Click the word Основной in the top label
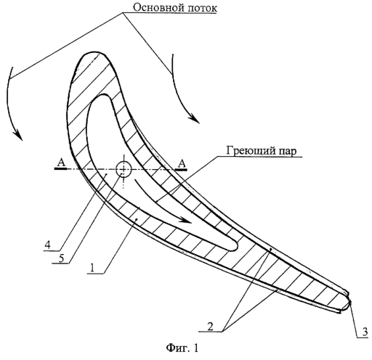[x=154, y=7]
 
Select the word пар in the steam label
[x=287, y=152]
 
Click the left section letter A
[x=61, y=163]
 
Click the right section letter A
[x=182, y=163]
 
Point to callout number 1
[x=92, y=268]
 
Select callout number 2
[x=210, y=327]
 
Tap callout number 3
[x=365, y=332]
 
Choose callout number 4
[x=47, y=245]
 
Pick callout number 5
[x=61, y=258]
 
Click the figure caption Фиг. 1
[x=182, y=348]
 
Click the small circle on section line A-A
[x=124, y=169]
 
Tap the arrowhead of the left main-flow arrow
[x=18, y=136]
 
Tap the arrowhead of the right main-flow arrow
[x=195, y=119]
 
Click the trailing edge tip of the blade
[x=350, y=301]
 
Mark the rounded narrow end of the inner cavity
[x=237, y=246]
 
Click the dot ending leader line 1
[x=137, y=219]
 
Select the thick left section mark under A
[x=60, y=169]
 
